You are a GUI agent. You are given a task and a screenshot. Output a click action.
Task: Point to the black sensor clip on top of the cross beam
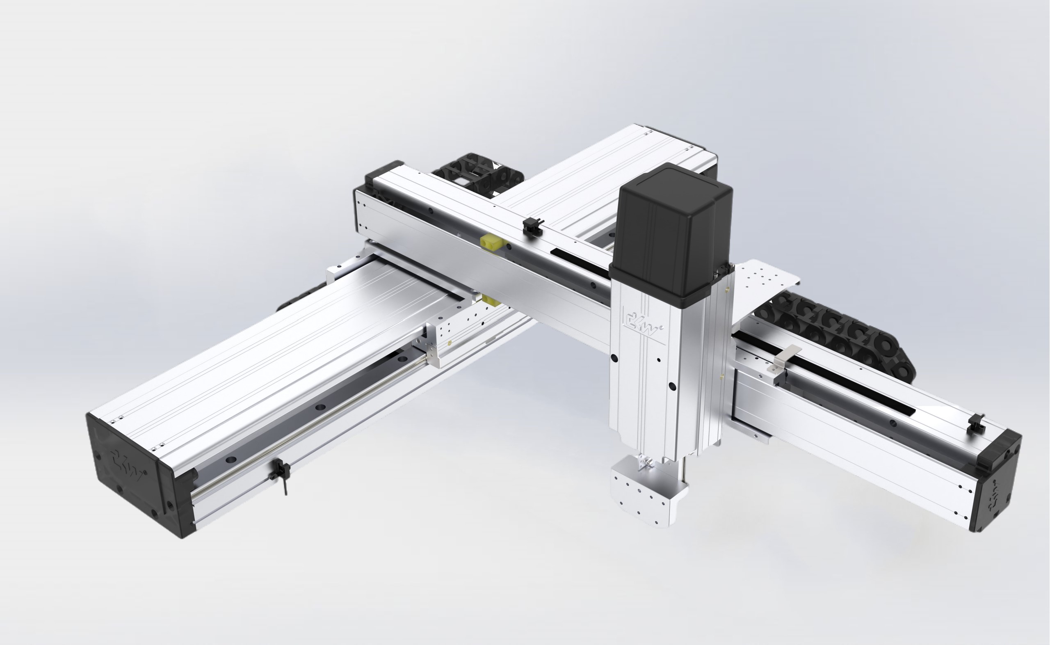point(532,226)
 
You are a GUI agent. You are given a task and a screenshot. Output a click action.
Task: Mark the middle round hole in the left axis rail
point(319,407)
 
